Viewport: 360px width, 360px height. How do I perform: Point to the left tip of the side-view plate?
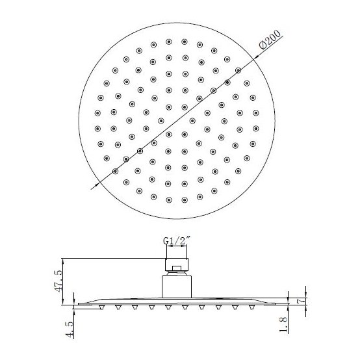tap(75, 303)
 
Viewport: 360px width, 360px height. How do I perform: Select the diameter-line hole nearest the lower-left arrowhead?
tap(116, 171)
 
